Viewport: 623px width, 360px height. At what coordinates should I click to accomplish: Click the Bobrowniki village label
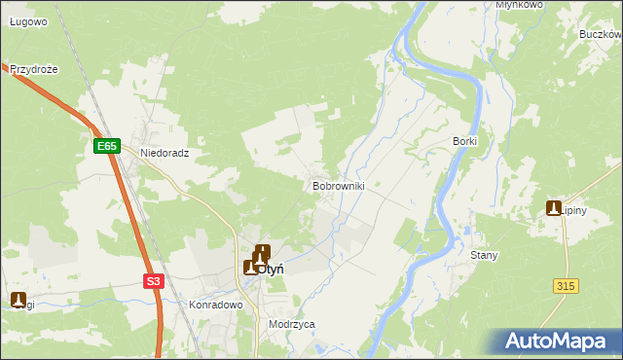tap(338, 185)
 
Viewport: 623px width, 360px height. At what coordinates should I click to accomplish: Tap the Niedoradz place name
tap(164, 154)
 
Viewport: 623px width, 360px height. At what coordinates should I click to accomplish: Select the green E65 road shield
tap(107, 146)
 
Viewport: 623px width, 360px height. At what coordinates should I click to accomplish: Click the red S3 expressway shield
tap(153, 281)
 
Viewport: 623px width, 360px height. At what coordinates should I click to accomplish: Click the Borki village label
tap(464, 141)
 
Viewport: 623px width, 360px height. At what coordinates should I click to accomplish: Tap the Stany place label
tap(484, 256)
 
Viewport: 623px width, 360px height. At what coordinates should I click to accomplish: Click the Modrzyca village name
tap(292, 325)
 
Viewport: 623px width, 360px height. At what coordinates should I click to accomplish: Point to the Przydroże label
tap(35, 70)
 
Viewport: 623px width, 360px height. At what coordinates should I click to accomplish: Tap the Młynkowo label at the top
tap(519, 5)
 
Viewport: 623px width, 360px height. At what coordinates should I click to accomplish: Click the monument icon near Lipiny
tap(554, 208)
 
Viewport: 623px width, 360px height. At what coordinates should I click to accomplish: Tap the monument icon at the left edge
tap(18, 300)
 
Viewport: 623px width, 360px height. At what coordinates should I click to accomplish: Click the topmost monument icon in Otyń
tap(263, 252)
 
